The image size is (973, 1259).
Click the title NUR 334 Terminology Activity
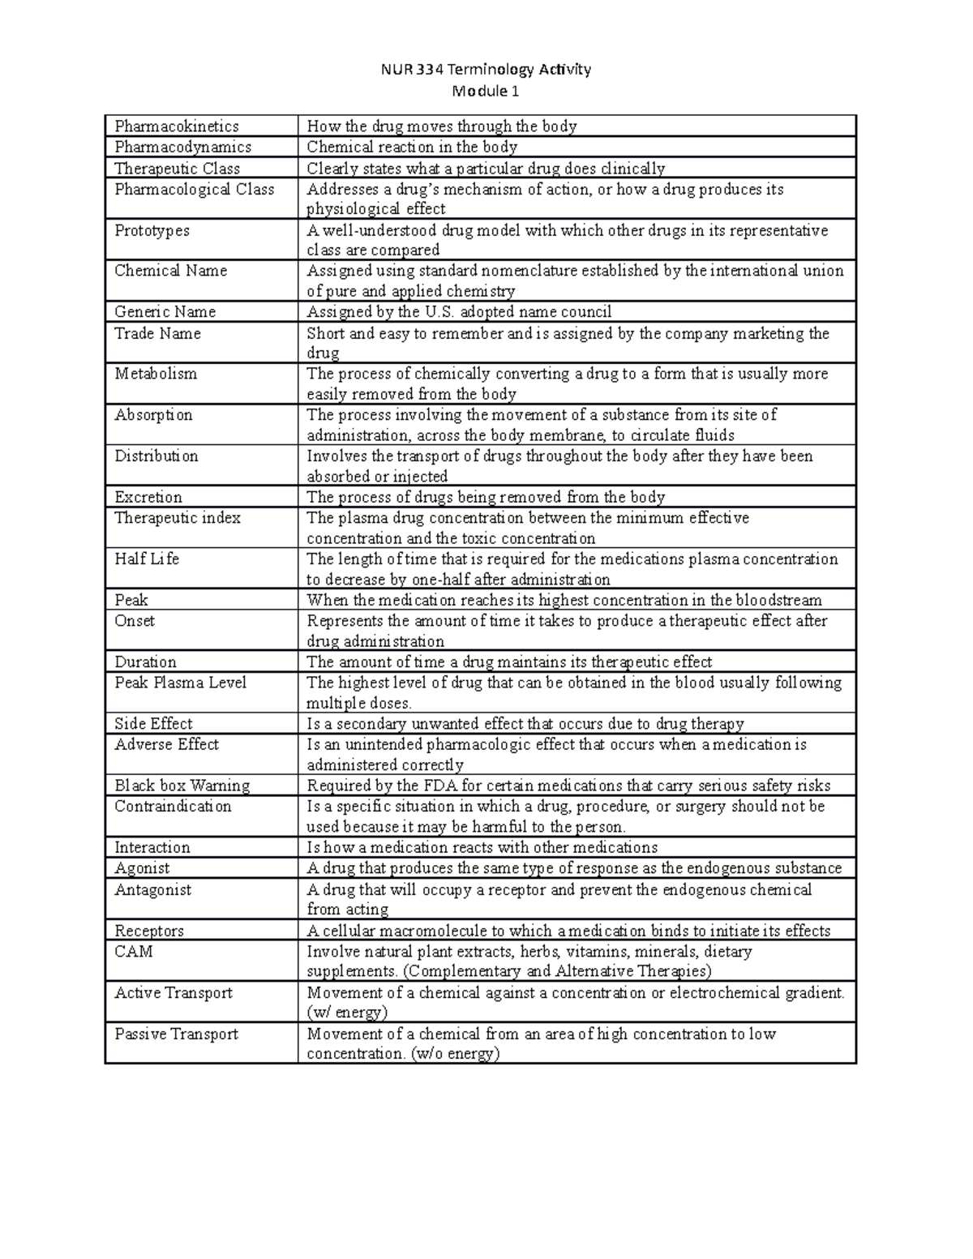pyautogui.click(x=486, y=69)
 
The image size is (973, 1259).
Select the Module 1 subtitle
pyautogui.click(x=486, y=91)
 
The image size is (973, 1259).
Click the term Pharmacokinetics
pyautogui.click(x=177, y=126)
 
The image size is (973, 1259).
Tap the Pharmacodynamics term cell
pyautogui.click(x=182, y=147)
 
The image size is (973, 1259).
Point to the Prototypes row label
pyautogui.click(x=152, y=230)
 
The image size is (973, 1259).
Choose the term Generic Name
pyautogui.click(x=165, y=312)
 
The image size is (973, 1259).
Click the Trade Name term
pyautogui.click(x=157, y=333)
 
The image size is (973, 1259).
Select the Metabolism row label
pyautogui.click(x=155, y=374)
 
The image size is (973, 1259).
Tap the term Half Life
pyautogui.click(x=147, y=559)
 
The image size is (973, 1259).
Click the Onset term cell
pyautogui.click(x=135, y=620)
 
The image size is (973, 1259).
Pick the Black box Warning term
pyautogui.click(x=182, y=786)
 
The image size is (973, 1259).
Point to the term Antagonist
pyautogui.click(x=152, y=889)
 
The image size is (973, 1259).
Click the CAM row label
pyautogui.click(x=134, y=951)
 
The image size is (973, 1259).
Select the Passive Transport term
pyautogui.click(x=176, y=1034)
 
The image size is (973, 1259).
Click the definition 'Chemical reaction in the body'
pyautogui.click(x=412, y=147)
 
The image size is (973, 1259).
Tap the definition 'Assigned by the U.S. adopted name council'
pyautogui.click(x=459, y=312)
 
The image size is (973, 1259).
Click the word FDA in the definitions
pyautogui.click(x=442, y=786)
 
